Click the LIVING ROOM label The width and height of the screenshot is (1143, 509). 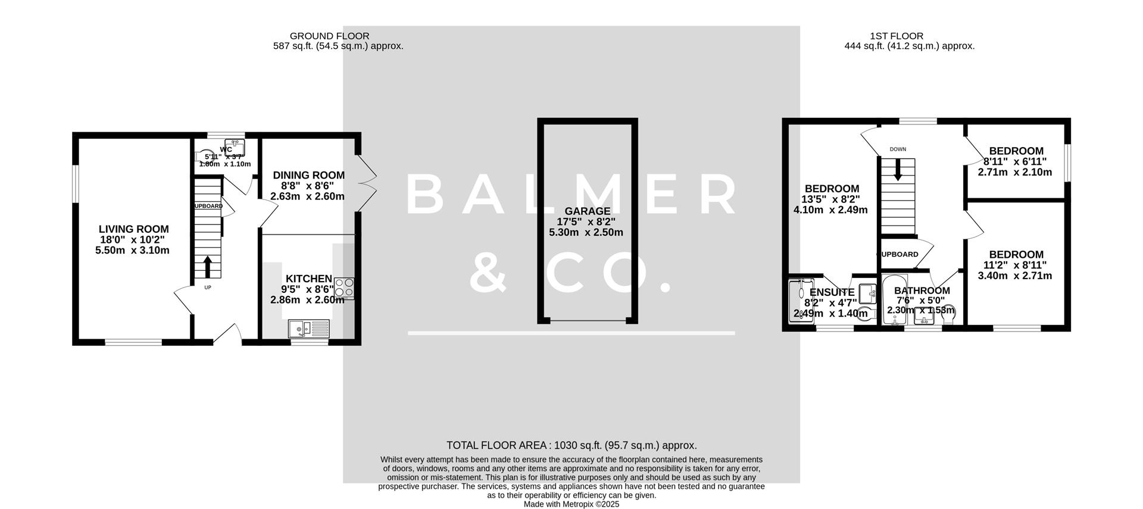133,229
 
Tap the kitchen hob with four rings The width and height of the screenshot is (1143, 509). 344,288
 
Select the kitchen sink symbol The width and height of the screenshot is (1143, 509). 308,327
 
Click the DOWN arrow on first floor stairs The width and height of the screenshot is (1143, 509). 898,171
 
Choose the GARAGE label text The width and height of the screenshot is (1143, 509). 587,211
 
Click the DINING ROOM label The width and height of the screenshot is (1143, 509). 308,175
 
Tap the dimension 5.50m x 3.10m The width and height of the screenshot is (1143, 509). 132,251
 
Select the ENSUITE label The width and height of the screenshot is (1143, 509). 832,292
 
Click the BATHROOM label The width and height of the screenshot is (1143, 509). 922,291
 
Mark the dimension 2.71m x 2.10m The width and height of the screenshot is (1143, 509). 1014,173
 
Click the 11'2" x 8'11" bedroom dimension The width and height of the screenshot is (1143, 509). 1014,265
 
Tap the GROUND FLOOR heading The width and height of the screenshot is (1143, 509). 329,36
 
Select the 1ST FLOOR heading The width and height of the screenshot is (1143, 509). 900,36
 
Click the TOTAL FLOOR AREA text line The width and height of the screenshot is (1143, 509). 571,445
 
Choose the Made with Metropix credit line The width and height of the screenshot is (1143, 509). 571,504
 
